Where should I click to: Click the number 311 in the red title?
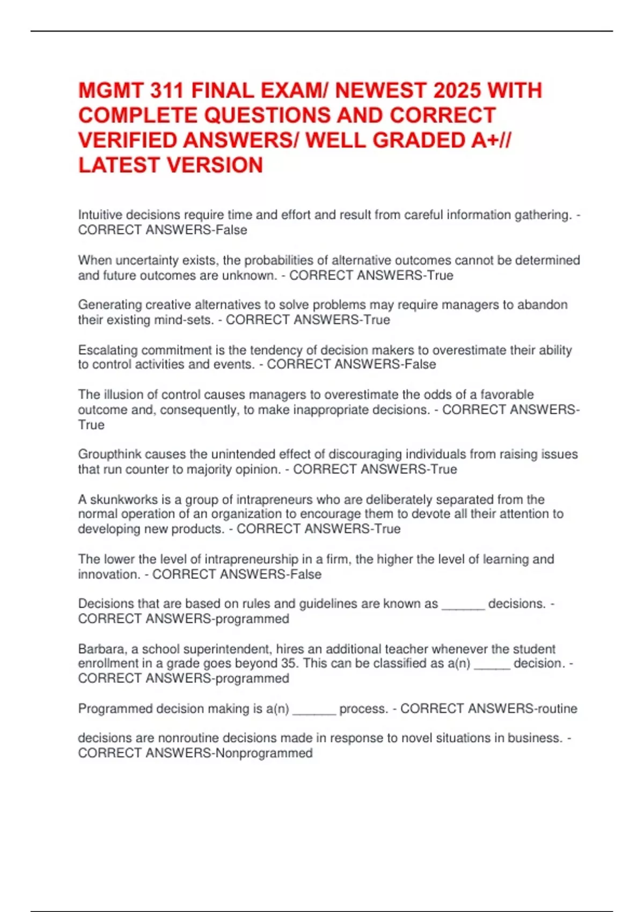coord(167,91)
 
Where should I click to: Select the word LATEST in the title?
coord(118,165)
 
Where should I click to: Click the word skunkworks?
coord(124,499)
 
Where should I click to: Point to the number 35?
coord(289,664)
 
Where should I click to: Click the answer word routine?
coord(558,709)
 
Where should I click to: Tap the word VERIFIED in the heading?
coord(128,141)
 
